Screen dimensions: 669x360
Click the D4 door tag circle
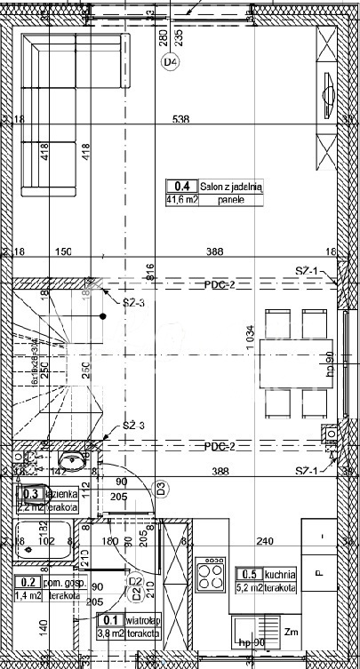pos(170,62)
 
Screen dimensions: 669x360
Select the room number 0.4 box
pos(181,187)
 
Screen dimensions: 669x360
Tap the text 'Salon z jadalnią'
pos(231,187)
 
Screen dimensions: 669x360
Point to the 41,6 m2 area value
pos(181,200)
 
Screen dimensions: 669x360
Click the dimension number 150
pos(62,252)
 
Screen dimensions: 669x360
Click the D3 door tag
pos(162,487)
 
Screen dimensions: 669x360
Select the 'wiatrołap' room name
pos(142,620)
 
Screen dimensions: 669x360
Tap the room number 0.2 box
pos(28,582)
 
